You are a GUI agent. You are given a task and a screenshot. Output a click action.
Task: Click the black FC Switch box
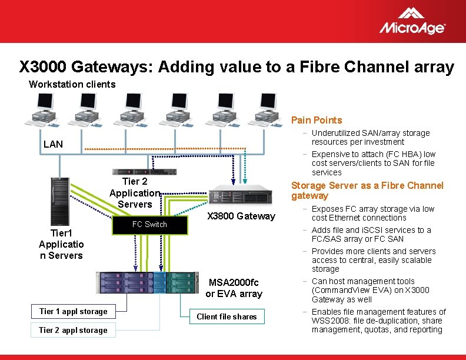point(149,224)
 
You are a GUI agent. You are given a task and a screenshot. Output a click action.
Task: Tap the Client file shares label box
point(227,316)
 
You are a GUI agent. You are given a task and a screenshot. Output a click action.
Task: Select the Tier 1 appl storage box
point(73,311)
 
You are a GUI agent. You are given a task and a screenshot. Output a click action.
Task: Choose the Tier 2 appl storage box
point(73,330)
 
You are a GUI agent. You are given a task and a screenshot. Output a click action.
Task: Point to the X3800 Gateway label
point(241,216)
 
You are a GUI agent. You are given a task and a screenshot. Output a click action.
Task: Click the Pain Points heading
point(317,120)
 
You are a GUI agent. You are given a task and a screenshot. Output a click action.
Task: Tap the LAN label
point(53,144)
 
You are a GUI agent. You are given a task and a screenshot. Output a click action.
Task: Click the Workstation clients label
point(72,84)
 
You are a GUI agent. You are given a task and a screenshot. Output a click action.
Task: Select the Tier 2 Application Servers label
point(135,193)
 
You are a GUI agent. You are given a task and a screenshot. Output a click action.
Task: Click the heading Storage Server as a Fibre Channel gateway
point(367,191)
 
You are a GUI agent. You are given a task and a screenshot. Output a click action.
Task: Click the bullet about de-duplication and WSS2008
point(378,321)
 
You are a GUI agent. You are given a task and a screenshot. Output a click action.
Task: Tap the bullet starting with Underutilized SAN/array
point(371,138)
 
